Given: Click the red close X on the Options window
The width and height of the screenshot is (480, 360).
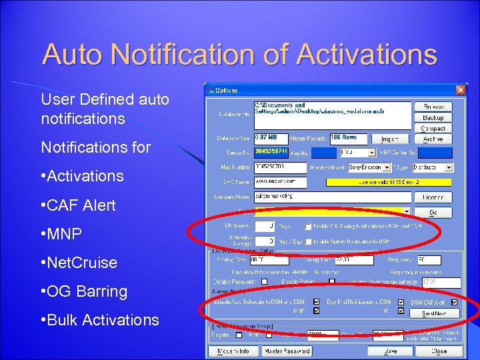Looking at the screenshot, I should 460,90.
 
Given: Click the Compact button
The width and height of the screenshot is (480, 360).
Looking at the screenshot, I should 433,128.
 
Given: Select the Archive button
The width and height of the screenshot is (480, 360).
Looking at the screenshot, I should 433,139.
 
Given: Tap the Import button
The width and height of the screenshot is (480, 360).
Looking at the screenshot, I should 389,139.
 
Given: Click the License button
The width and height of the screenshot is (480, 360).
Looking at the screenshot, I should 433,198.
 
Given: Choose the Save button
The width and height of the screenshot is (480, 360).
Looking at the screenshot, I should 390,351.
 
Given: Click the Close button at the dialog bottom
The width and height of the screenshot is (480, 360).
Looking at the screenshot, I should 439,351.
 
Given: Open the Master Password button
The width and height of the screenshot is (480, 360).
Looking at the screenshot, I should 287,351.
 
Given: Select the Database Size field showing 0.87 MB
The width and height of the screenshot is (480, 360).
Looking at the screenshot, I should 271,138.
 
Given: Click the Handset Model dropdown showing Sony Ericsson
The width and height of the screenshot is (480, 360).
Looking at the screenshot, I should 373,168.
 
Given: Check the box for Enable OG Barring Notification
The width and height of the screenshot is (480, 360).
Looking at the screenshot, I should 309,227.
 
